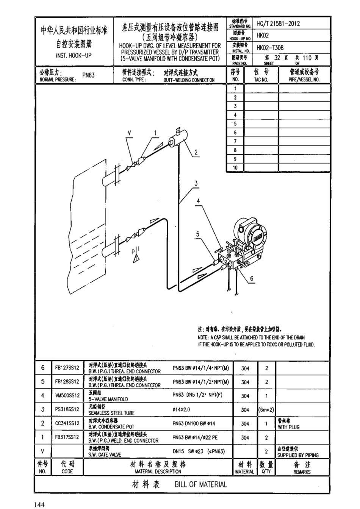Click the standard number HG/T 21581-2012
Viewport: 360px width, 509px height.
(x=278, y=23)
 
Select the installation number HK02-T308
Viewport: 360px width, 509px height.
(x=270, y=48)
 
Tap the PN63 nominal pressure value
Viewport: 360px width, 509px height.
(x=88, y=75)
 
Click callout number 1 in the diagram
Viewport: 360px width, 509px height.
(x=155, y=133)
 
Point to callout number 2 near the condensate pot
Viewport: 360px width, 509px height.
(x=196, y=153)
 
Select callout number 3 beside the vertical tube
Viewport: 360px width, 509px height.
(x=196, y=183)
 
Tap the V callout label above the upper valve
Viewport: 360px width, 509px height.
(x=129, y=133)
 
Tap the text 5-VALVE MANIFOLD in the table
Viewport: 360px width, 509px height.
(x=108, y=399)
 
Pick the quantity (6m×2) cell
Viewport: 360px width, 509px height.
(x=266, y=409)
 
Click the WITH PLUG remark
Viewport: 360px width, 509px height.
(x=288, y=427)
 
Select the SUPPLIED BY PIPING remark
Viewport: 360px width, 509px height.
(x=297, y=455)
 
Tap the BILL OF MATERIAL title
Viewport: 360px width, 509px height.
(x=200, y=484)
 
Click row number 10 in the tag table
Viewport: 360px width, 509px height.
(x=235, y=168)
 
